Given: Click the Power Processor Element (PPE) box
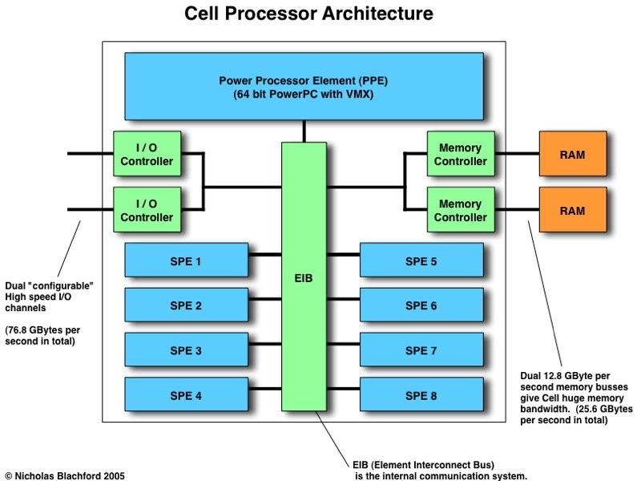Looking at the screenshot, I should click(304, 86).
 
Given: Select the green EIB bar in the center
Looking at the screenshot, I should click(304, 277).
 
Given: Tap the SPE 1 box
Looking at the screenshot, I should click(186, 261).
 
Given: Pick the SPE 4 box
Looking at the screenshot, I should click(186, 394).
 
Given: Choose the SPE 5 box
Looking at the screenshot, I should click(421, 261).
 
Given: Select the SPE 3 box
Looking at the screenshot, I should click(186, 350).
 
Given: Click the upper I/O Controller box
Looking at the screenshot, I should click(147, 154).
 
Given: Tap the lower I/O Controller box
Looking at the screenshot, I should click(147, 210).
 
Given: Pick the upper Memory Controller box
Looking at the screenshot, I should click(461, 154).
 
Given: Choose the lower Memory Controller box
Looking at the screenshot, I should click(461, 210).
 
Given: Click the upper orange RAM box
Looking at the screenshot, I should click(572, 154).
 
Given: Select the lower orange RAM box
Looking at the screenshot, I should click(572, 210).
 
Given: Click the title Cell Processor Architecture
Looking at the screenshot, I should click(308, 14).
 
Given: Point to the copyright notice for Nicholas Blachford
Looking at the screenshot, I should click(64, 475).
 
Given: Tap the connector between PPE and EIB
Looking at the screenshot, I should click(304, 131).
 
